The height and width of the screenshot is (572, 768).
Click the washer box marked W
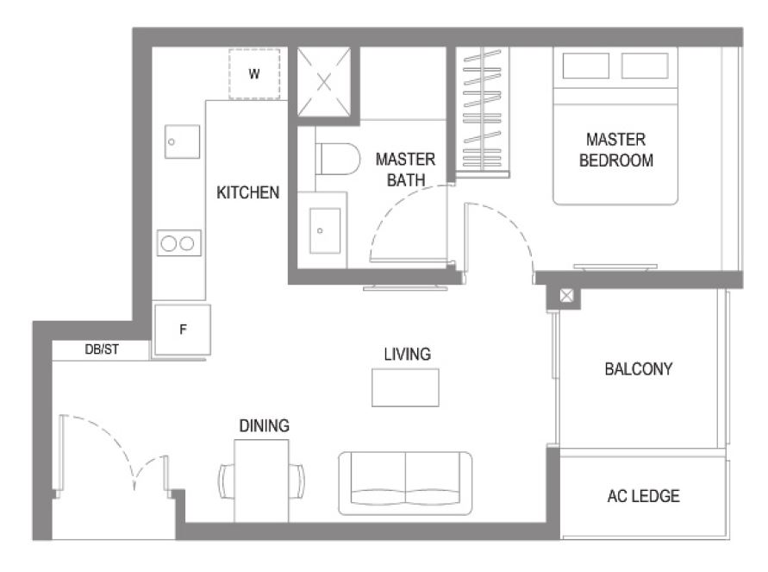click(254, 74)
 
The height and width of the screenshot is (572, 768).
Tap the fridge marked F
click(183, 330)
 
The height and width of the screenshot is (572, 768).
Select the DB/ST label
click(102, 349)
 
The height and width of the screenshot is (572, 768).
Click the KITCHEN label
click(248, 192)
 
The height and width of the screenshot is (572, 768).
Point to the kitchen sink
click(182, 141)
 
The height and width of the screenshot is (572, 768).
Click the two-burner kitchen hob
click(178, 242)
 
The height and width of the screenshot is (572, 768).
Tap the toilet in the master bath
click(338, 159)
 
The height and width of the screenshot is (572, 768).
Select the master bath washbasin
click(325, 230)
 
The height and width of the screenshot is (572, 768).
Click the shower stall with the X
click(324, 82)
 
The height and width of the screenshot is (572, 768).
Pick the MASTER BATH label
click(406, 170)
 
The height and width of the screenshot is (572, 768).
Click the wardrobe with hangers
click(483, 110)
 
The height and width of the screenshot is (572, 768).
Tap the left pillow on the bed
click(586, 66)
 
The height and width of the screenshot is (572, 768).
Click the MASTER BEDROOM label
click(616, 150)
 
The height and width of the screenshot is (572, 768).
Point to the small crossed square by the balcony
click(566, 296)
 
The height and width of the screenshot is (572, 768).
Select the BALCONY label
click(639, 369)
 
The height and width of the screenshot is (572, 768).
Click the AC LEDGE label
click(644, 496)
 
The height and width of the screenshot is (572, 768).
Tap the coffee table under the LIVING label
click(406, 387)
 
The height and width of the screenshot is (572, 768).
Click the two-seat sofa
click(406, 484)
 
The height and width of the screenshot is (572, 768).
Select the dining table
click(261, 481)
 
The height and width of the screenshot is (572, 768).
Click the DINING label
click(265, 425)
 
